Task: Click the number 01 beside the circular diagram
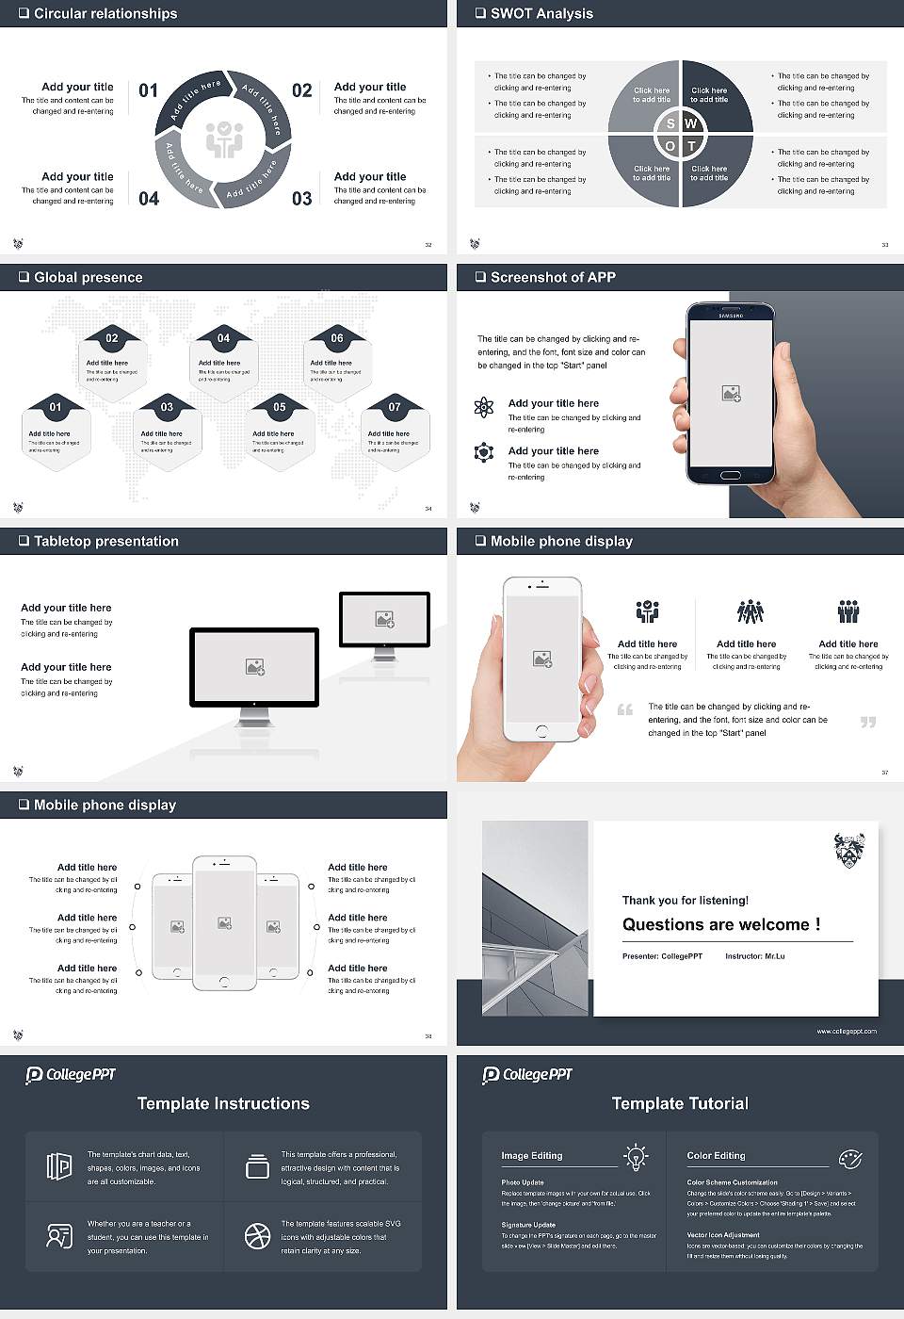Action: point(149,90)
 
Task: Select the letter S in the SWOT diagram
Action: point(670,123)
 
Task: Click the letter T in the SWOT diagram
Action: point(691,146)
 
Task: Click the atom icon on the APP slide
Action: point(484,407)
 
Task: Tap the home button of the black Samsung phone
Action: point(731,477)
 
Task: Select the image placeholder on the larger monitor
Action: point(254,667)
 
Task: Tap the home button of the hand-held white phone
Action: point(541,730)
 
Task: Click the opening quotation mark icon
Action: point(624,709)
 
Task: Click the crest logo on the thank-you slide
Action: point(849,850)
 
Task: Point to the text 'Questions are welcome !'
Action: point(721,925)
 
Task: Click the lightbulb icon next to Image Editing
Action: point(636,1156)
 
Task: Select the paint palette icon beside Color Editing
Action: point(849,1158)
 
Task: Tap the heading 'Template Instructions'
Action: point(223,1103)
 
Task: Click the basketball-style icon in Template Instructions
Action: point(257,1236)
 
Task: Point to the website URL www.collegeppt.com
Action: point(846,1031)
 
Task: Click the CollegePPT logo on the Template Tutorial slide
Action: point(527,1075)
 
